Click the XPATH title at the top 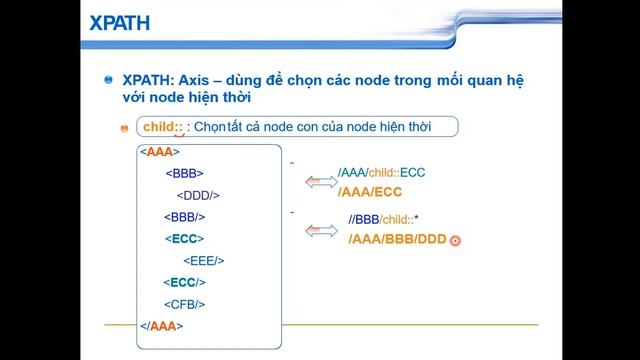click(48, 22)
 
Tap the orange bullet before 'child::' click(125, 128)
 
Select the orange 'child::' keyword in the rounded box click(163, 127)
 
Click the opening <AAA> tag click(159, 152)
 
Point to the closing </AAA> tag click(162, 325)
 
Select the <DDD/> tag click(198, 195)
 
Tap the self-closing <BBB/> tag click(184, 216)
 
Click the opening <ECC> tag click(184, 238)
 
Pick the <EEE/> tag click(204, 260)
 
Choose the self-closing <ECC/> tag click(184, 282)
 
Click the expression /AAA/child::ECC click(381, 172)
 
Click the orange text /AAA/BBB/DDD click(397, 239)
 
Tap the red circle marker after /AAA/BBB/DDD click(455, 240)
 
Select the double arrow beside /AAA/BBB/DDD click(321, 231)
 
